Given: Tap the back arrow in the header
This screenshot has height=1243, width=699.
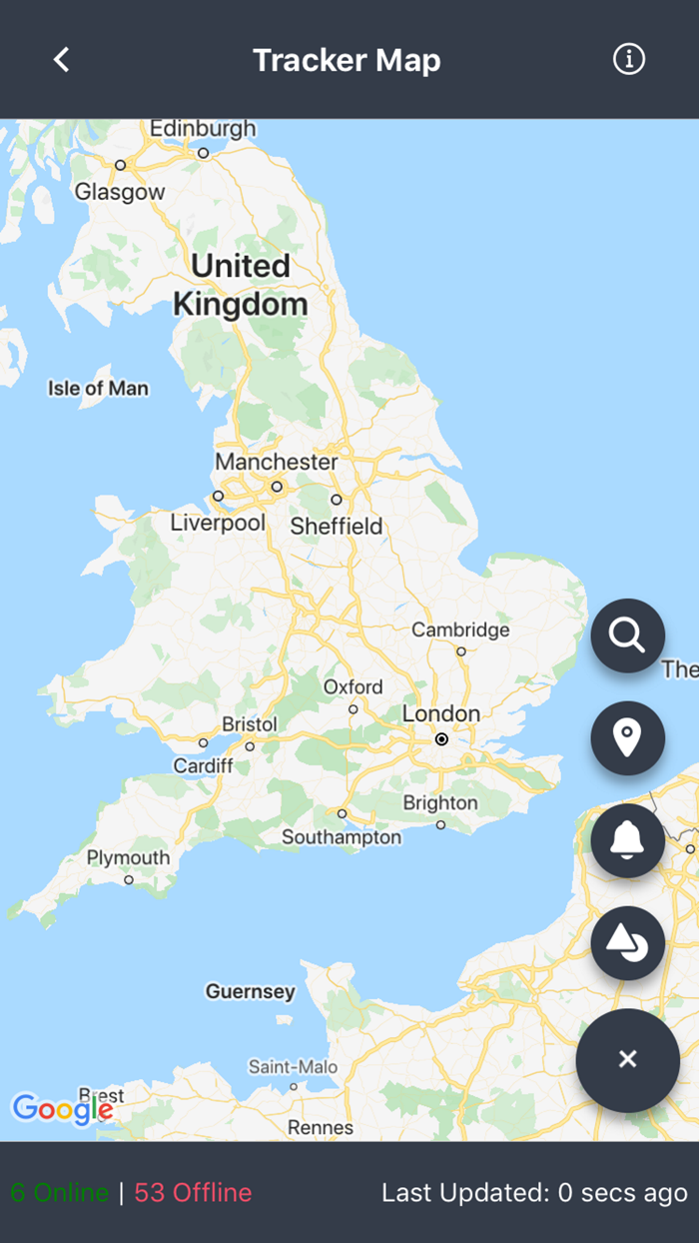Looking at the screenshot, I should tap(62, 60).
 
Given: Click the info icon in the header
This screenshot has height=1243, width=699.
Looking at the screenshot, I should tap(629, 60).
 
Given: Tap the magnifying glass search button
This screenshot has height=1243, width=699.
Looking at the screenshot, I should tap(627, 635).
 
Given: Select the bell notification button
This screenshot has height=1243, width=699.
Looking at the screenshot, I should tap(627, 840).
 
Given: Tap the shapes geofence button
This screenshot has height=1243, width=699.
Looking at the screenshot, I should tap(627, 943).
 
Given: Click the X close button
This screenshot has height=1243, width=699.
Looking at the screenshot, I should tap(627, 1059).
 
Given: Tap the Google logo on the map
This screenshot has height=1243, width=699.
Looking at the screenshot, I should tap(60, 1108).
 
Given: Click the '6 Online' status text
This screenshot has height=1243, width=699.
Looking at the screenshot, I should tap(60, 1192).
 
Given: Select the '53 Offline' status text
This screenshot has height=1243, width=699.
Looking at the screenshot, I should tap(193, 1192).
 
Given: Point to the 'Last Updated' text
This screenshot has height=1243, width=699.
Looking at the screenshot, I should tap(534, 1192).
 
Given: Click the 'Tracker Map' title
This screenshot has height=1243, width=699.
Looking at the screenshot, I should tap(347, 60).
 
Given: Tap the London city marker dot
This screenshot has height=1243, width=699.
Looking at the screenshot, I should tap(441, 739).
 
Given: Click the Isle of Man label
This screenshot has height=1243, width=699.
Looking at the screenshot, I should tap(98, 389).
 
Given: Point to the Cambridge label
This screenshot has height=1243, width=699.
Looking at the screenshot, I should tap(460, 629).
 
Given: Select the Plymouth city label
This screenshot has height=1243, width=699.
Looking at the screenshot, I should tap(128, 857).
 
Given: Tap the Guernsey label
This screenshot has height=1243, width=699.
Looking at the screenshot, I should tap(251, 991).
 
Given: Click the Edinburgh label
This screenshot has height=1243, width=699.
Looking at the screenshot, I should tap(203, 129).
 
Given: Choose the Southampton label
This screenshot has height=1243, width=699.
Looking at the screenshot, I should tap(342, 837).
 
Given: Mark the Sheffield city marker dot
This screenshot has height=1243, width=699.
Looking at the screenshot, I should tap(337, 500).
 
